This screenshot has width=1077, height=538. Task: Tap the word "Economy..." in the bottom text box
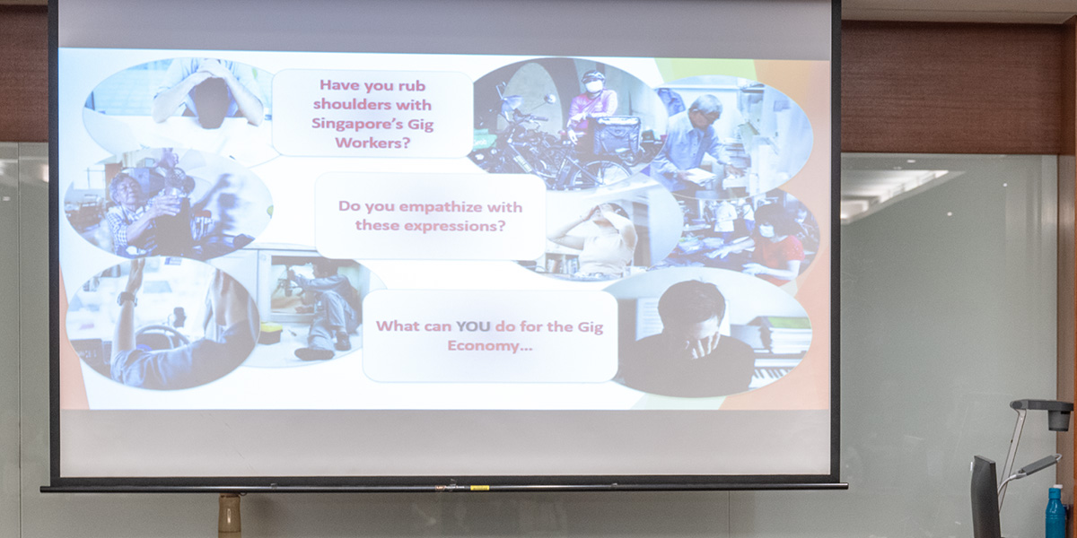[x=489, y=346]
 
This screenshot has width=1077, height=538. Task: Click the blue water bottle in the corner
[x=1055, y=512]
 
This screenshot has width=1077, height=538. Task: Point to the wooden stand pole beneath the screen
[x=230, y=515]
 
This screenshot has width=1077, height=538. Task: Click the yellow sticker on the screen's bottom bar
[x=479, y=488]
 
